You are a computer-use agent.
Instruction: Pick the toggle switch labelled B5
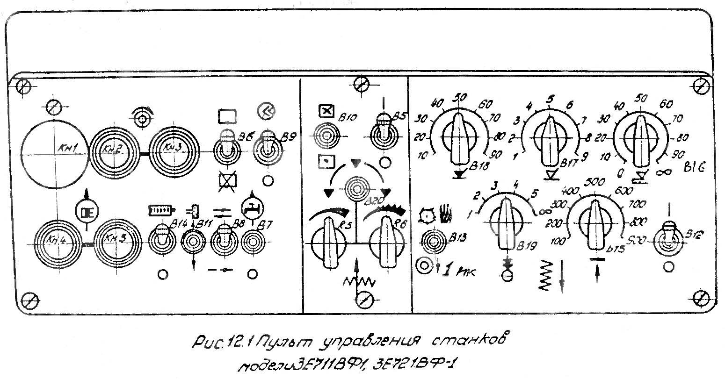pyautogui.click(x=384, y=133)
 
